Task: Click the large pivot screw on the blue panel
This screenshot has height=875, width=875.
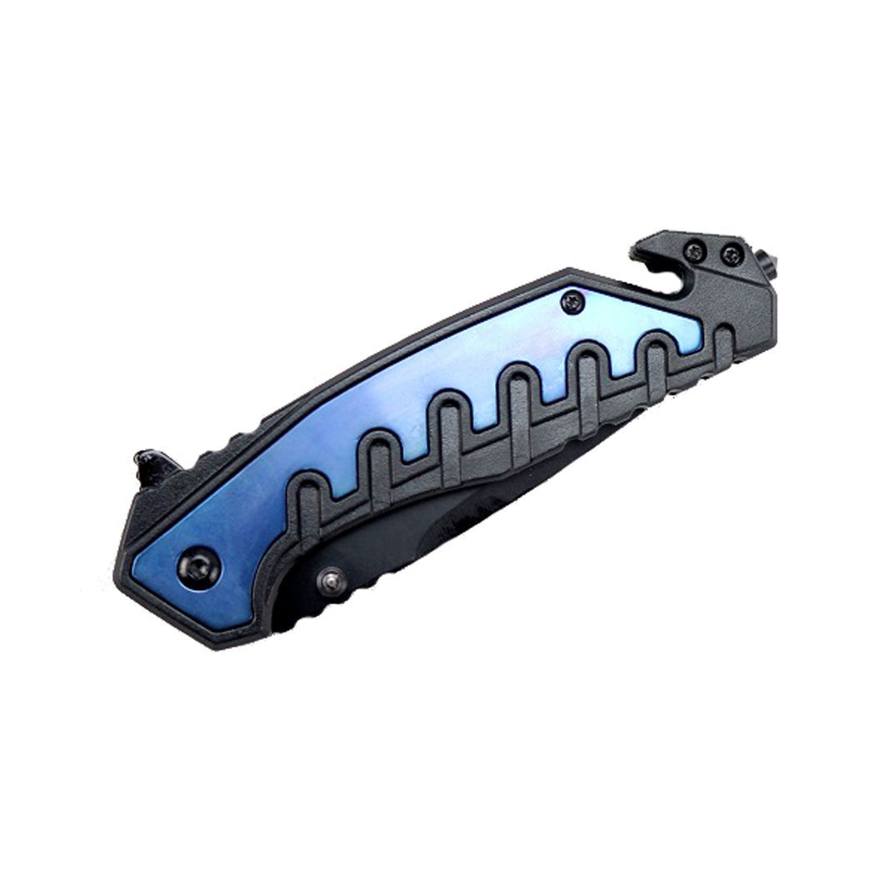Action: [x=197, y=569]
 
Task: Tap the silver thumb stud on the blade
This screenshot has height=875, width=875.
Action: [x=332, y=581]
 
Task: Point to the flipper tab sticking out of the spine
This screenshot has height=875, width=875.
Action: [x=152, y=467]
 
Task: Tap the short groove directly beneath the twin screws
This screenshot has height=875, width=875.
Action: [x=723, y=346]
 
